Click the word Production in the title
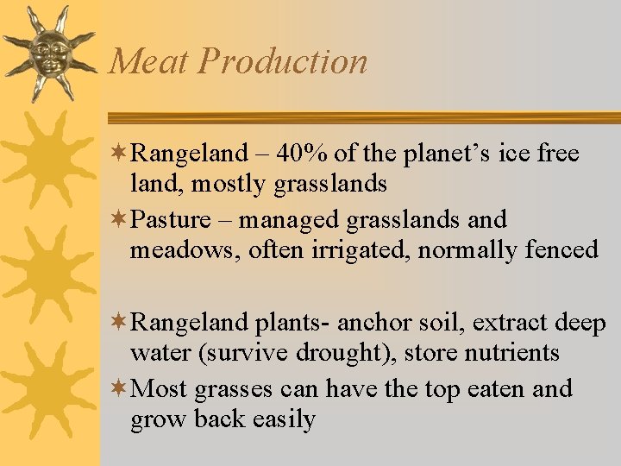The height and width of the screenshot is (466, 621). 283,61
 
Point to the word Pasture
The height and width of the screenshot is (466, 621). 170,220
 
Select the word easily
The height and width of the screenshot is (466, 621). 284,419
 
